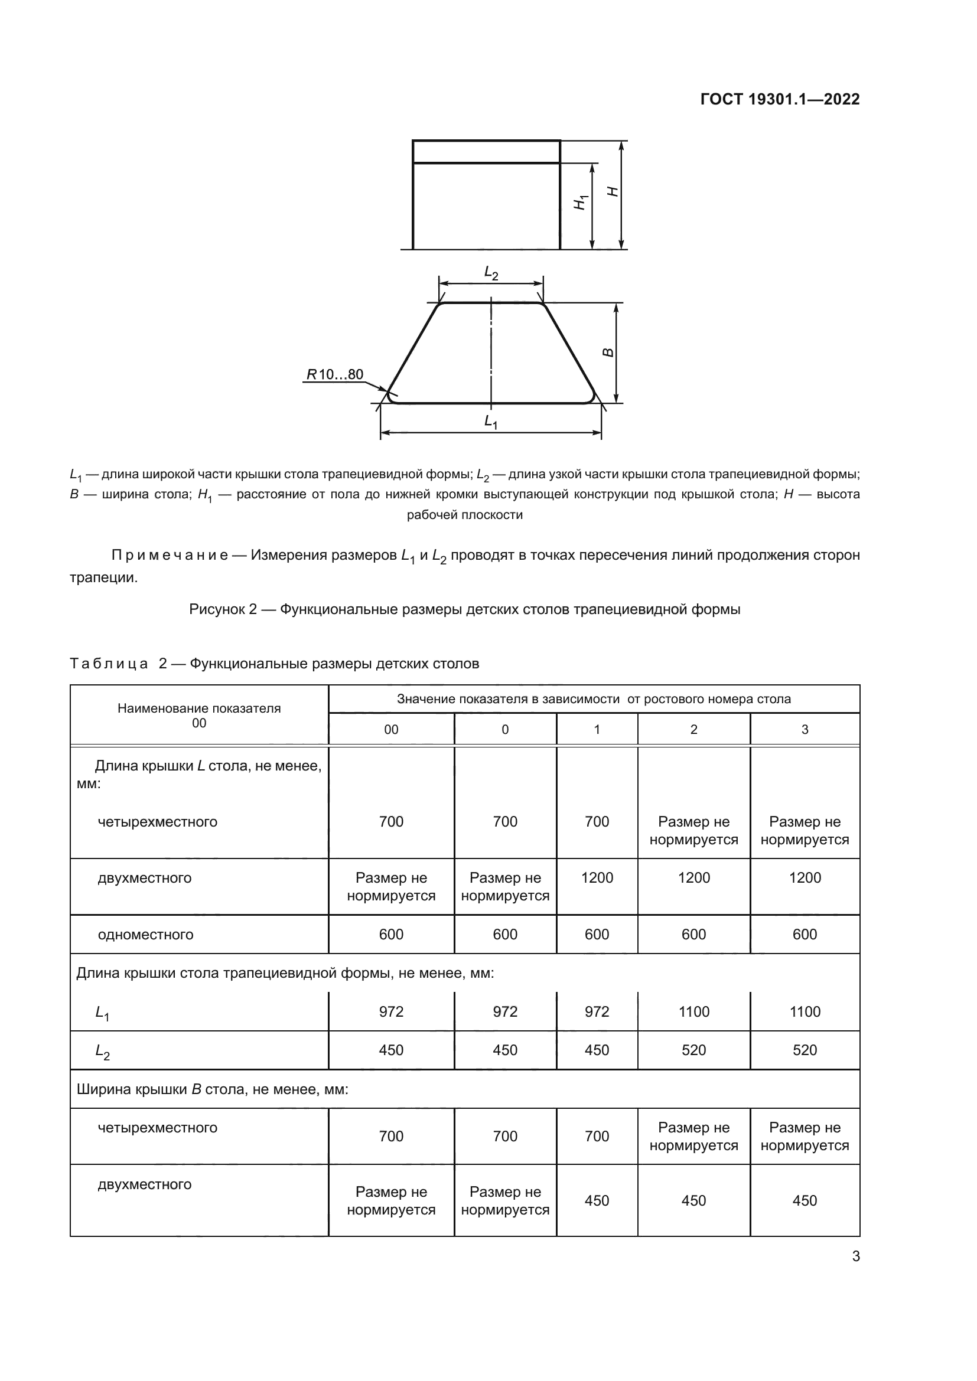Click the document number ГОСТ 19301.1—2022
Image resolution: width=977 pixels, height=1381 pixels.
tap(780, 99)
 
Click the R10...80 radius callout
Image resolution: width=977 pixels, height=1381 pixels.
tap(335, 374)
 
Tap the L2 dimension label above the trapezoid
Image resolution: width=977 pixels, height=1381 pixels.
tap(491, 273)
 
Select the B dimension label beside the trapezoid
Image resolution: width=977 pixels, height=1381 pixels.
tap(608, 352)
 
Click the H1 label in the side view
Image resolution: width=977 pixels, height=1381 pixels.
tap(580, 203)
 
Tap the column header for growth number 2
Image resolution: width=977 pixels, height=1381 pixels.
tap(693, 730)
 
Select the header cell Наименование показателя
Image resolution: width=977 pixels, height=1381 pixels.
tap(199, 708)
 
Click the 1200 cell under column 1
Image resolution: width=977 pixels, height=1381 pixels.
tap(597, 877)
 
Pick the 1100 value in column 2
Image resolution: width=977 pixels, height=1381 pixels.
tap(693, 1012)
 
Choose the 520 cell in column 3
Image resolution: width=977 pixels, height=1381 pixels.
tap(805, 1050)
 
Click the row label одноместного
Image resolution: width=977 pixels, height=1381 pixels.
tap(145, 935)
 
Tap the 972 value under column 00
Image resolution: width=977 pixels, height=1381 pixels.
tap(391, 1012)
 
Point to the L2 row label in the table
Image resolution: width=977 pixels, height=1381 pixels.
tap(102, 1052)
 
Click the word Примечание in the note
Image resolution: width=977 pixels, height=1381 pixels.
tap(170, 555)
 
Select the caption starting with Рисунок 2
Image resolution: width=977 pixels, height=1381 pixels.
tap(464, 609)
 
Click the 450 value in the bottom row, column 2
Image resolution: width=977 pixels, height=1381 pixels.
tap(693, 1200)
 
